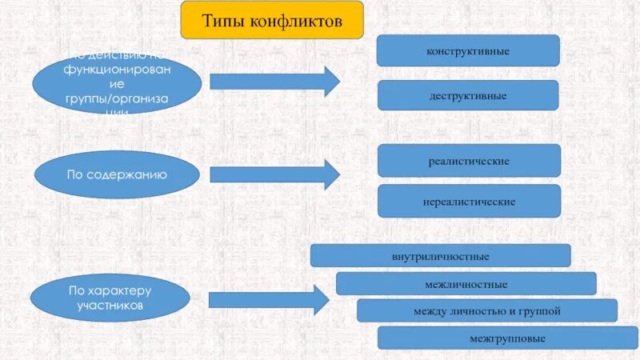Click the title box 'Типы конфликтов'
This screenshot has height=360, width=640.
pos(272,20)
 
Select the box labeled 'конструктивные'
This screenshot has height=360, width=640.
pos(468,50)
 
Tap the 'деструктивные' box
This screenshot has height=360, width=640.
pos(468,95)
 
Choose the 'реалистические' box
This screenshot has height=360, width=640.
pos(468,161)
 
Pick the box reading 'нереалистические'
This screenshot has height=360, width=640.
pos(468,201)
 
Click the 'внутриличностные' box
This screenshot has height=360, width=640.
pos(440,256)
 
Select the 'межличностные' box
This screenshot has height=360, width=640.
pos(466,284)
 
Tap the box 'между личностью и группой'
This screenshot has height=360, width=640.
pos(486,310)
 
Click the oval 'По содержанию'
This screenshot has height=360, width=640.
pos(117,173)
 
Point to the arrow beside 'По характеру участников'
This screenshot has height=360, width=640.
pos(269,300)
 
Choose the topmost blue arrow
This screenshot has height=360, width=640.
pos(274,81)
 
